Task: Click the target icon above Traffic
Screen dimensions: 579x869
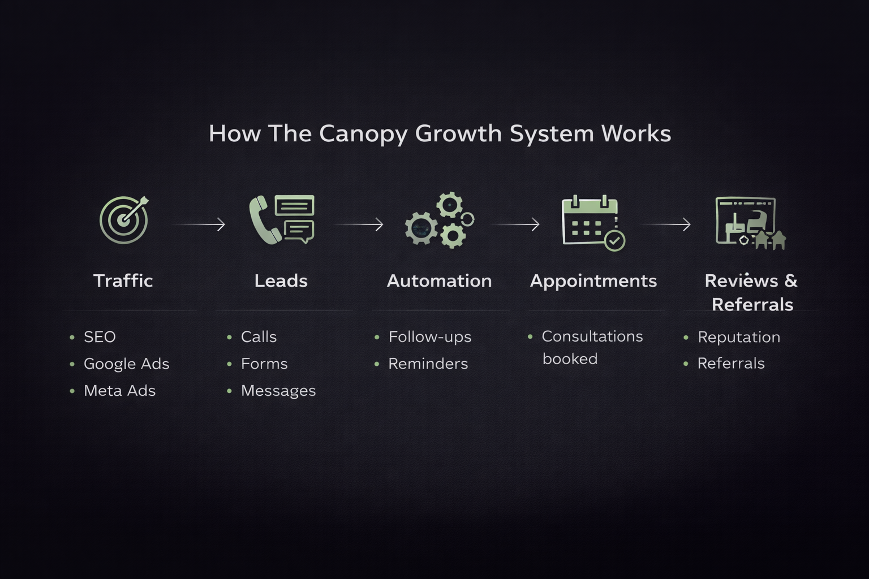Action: tap(124, 220)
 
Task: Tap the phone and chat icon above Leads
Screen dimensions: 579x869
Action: tap(282, 220)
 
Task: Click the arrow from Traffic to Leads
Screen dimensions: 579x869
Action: tap(199, 224)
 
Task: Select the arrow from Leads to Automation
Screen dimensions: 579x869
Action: tap(359, 224)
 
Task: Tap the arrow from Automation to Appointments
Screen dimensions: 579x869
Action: tap(515, 224)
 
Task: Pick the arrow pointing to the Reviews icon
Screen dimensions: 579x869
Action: tap(666, 224)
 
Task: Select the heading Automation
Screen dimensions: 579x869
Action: tap(439, 281)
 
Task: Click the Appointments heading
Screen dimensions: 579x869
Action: tap(593, 281)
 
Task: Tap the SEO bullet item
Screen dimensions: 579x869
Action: tap(100, 337)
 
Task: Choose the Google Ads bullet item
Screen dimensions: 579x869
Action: tap(126, 364)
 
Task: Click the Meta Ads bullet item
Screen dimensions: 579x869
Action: tap(119, 391)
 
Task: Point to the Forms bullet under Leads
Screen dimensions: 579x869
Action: tap(264, 364)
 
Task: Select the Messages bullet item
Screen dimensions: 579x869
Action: tap(278, 391)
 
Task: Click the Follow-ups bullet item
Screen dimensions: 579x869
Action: tap(429, 337)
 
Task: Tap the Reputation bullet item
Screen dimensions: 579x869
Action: tap(738, 337)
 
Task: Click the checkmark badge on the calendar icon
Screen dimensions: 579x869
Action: tap(614, 241)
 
